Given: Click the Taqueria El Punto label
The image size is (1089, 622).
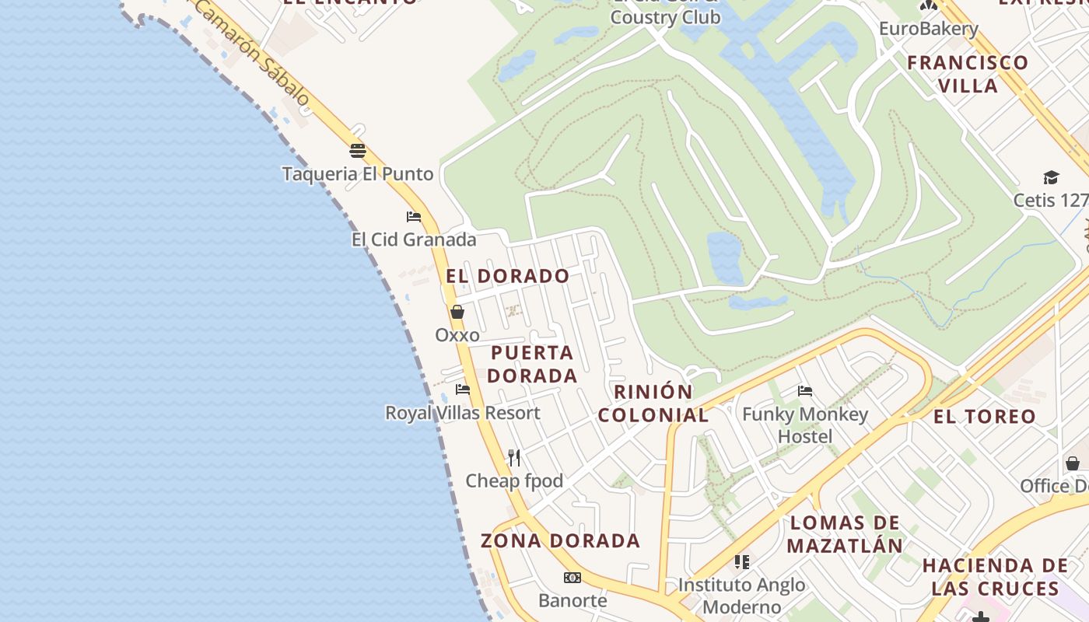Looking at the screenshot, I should [x=357, y=173].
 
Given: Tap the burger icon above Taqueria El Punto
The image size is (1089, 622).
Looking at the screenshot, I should [x=358, y=150].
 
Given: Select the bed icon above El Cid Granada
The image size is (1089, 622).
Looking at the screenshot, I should [x=414, y=216].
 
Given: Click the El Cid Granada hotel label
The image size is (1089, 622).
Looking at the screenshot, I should [x=413, y=239].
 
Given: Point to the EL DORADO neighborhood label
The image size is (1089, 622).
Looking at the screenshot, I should [x=508, y=276].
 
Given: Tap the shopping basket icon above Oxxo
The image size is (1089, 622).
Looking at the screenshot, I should [x=457, y=312].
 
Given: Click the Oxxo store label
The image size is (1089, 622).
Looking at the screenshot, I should [x=457, y=335].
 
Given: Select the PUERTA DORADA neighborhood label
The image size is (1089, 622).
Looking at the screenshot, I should [x=534, y=364].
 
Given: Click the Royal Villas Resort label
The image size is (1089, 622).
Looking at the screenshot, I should [x=462, y=413].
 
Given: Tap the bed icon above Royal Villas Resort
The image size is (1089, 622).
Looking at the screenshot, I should [x=463, y=389].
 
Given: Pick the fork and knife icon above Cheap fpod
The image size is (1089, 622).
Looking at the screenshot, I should [x=513, y=457].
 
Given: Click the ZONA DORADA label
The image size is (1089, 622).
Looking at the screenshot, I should [x=560, y=540].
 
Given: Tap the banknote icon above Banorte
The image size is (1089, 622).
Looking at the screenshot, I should [x=573, y=578].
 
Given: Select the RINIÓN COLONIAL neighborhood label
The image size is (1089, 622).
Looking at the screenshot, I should [x=653, y=403].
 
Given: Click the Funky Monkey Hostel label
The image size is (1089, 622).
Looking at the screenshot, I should [x=805, y=425].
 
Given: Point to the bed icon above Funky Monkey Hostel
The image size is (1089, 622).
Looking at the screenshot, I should [x=805, y=390].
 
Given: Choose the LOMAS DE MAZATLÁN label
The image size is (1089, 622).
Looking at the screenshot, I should [x=845, y=533].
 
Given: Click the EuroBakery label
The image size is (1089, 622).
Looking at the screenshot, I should [x=928, y=29].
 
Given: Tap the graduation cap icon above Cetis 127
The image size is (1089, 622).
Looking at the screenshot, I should [x=1051, y=177].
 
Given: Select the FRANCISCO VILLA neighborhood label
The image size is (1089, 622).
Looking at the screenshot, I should [x=968, y=73].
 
